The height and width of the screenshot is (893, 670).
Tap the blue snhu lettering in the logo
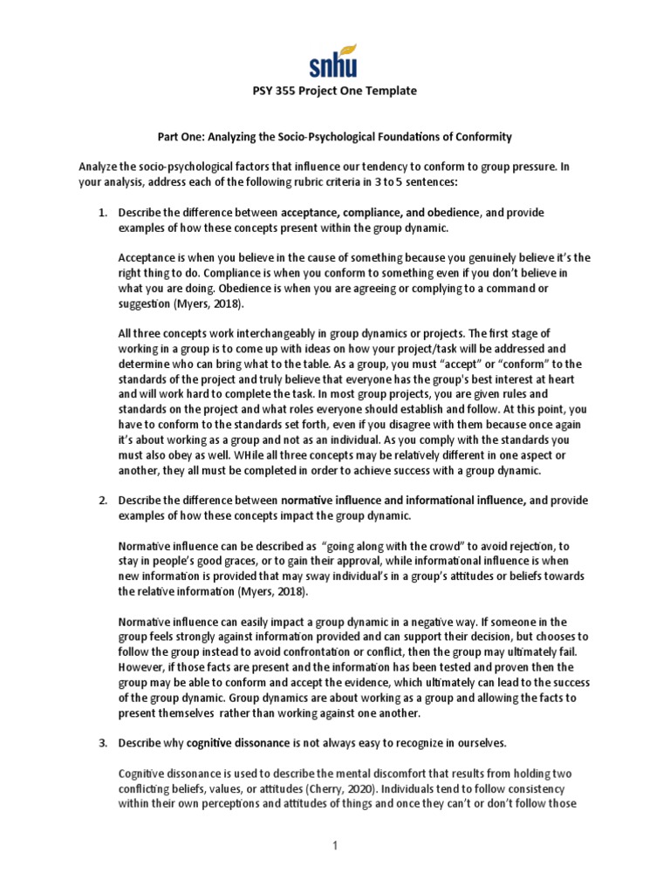point(333,65)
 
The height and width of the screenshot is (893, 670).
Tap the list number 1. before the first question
point(102,213)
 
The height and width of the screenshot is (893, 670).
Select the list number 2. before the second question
point(102,501)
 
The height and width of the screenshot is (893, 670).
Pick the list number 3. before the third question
point(102,742)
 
